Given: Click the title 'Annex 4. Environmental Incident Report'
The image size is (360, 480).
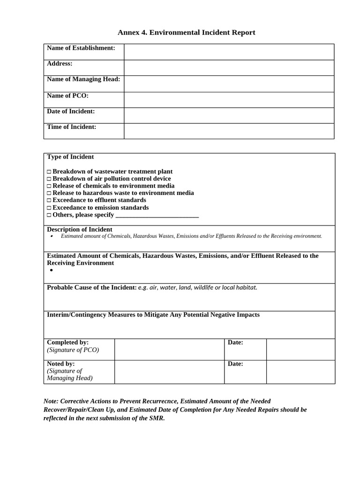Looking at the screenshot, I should coord(186,32).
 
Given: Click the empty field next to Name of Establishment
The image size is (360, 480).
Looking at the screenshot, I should coord(229,52).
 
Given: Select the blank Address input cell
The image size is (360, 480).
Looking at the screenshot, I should coord(229,67).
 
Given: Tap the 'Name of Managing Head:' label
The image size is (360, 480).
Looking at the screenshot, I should coord(83,79).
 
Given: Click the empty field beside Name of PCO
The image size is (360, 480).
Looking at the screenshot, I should coord(229,99).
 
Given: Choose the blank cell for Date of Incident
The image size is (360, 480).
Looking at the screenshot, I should coord(229,115).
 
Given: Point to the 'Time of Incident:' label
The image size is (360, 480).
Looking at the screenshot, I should coord(71,127).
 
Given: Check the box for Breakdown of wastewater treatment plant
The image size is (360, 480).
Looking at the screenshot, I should coord(49,172).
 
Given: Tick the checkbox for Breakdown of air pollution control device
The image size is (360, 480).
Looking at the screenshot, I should coord(49,179).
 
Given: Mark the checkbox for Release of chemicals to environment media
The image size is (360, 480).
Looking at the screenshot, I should coord(49,186).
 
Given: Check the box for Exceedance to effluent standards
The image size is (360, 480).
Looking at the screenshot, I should coord(49,201).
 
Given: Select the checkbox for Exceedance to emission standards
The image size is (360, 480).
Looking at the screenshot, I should coord(49,208).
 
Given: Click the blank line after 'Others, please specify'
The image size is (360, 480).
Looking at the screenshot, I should coord(157,215).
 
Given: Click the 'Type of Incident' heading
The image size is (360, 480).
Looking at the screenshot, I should coord(70,157).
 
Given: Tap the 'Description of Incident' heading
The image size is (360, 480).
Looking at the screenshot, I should coord(79,230).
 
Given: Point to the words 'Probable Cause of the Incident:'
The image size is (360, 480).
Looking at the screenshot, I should coord(91,287).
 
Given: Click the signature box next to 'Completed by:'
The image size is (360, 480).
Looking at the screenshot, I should coord(169,349).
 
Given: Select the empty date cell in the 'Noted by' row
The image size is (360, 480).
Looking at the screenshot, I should coord(300,372).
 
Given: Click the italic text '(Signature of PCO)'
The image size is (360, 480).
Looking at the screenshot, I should coord(73,350).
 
